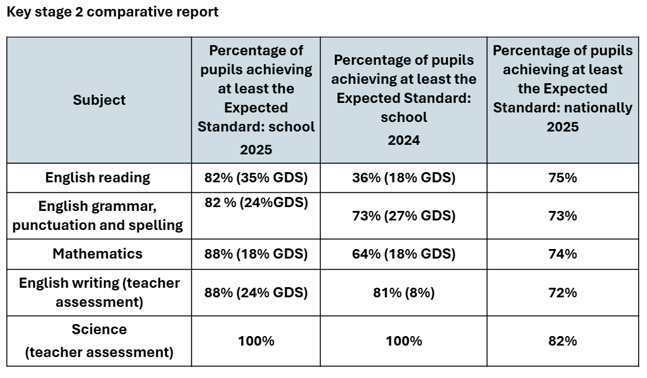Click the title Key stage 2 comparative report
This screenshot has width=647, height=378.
(x=112, y=12)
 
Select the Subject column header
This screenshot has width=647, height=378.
(x=99, y=100)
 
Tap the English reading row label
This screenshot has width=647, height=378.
(x=98, y=178)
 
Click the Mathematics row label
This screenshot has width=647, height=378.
(x=98, y=253)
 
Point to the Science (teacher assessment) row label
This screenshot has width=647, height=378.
(x=99, y=341)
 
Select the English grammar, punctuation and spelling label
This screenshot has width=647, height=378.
(x=98, y=216)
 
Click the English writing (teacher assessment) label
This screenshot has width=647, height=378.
(x=99, y=292)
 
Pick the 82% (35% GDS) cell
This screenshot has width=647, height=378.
(x=256, y=178)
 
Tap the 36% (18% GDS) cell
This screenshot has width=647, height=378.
(x=403, y=178)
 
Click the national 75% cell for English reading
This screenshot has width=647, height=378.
(x=563, y=178)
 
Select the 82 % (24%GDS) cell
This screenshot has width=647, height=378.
(x=256, y=203)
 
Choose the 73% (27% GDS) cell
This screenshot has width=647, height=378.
(x=403, y=216)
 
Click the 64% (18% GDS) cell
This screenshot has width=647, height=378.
(x=403, y=254)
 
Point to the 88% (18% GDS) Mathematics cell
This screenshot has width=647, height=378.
(x=256, y=254)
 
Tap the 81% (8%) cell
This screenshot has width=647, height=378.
(x=403, y=293)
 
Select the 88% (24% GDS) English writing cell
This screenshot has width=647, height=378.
(x=256, y=293)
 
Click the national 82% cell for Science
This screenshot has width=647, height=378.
(x=563, y=341)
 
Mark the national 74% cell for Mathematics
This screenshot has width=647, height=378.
(x=563, y=254)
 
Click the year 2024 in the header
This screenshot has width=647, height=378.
(x=403, y=140)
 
